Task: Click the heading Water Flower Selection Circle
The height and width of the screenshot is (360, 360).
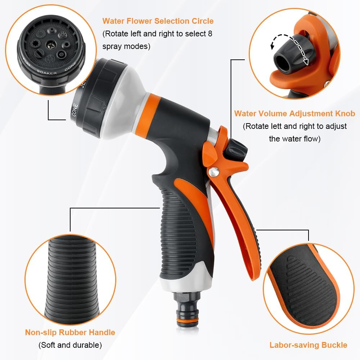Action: (158, 21)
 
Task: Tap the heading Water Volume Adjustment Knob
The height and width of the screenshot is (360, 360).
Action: (294, 114)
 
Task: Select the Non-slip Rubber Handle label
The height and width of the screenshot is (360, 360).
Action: (70, 332)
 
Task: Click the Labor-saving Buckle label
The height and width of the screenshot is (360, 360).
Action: (308, 345)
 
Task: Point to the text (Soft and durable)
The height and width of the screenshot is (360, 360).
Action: (70, 345)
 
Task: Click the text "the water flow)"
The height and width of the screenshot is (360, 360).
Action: (294, 139)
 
